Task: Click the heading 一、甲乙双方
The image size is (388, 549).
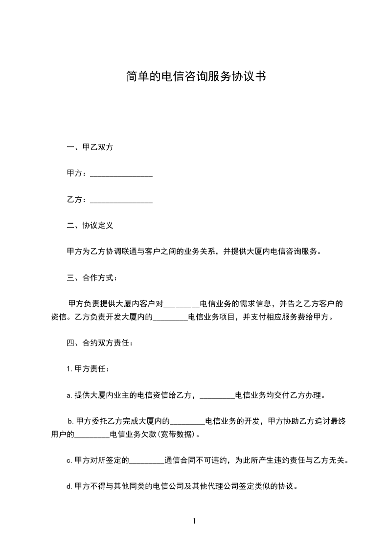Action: [90, 147]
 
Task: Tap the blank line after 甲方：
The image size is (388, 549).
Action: [121, 174]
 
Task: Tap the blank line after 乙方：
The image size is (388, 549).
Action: [121, 200]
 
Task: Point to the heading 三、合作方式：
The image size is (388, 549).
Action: [92, 278]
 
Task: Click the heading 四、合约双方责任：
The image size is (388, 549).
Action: [99, 343]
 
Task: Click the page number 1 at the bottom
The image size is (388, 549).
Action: [194, 521]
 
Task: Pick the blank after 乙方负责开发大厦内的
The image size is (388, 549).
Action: [170, 317]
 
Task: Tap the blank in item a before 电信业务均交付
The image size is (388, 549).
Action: [217, 395]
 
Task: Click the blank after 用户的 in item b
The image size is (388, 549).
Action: [92, 434]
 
